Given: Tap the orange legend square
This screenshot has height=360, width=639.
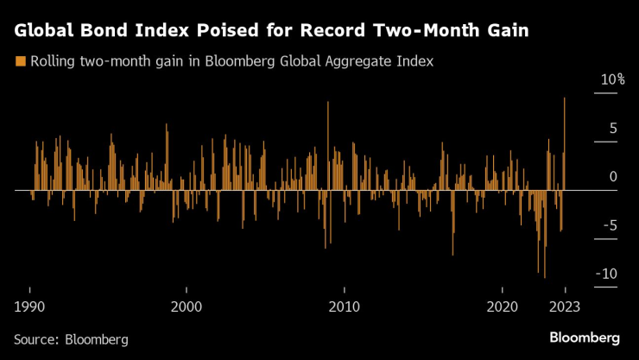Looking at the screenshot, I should point(20,61).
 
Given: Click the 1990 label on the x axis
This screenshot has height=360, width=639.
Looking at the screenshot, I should point(30,306).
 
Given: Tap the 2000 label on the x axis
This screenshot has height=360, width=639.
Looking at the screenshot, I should point(187,306).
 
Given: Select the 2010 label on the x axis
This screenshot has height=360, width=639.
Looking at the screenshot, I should point(344,306).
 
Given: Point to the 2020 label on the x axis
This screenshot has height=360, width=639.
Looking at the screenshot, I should point(501,306).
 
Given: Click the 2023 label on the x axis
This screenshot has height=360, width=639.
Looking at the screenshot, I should point(565,306).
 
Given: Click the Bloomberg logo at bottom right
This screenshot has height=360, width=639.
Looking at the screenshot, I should point(584,337).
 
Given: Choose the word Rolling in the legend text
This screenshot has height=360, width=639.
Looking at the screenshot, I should point(51,62).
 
